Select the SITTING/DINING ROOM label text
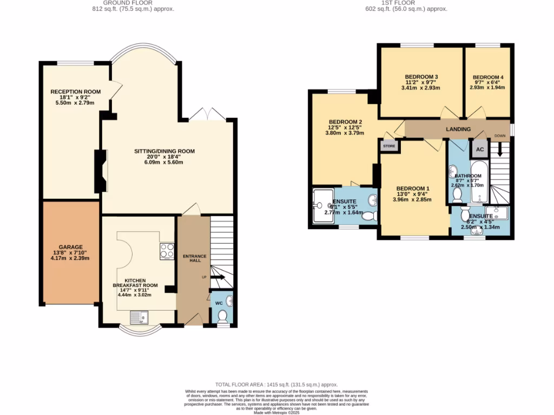click(164, 151)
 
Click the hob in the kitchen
click(167, 251)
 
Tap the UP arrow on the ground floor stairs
click(217, 277)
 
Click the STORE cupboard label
click(389, 146)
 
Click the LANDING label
click(458, 129)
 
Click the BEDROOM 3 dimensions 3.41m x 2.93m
click(421, 88)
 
